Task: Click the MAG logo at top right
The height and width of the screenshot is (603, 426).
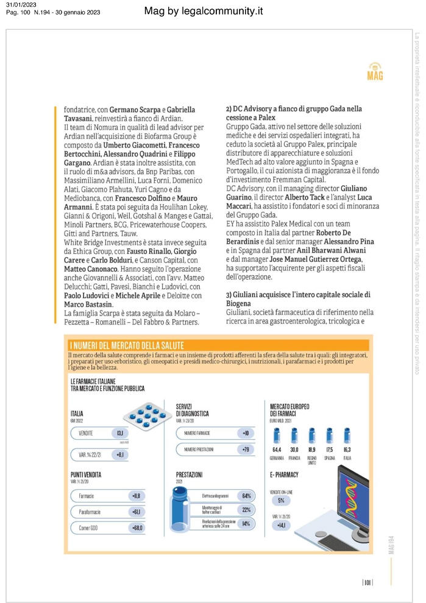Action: click(375, 71)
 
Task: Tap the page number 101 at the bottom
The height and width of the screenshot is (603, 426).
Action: click(367, 582)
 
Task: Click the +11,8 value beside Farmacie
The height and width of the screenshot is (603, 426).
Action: click(135, 496)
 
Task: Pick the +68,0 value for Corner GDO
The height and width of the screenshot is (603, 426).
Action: click(136, 527)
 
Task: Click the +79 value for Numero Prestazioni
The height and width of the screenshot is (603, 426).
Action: click(245, 450)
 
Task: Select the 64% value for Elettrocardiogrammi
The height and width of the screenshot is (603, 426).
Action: click(246, 496)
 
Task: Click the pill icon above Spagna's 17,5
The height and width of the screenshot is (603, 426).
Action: click(330, 435)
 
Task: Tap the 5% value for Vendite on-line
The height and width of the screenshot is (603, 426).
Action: click(281, 500)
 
